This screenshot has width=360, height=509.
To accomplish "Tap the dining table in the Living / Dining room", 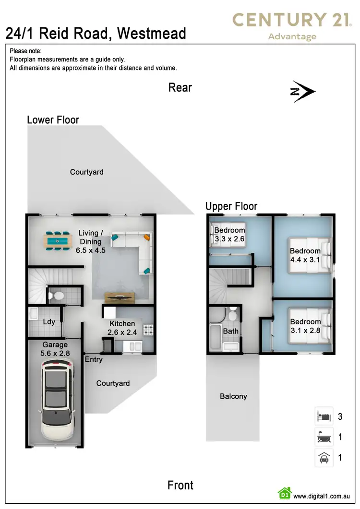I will click(57, 240).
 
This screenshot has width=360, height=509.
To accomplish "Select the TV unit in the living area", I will click(120, 297).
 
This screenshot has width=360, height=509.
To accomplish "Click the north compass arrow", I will click(303, 92).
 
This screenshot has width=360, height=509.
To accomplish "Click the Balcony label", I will click(233, 396).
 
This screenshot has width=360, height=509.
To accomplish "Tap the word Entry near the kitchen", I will click(94, 359).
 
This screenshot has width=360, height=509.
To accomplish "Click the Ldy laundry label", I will click(49, 322).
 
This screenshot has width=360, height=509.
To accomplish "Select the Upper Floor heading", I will click(231, 206).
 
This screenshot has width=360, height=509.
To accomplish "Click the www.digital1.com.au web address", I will click(321, 496).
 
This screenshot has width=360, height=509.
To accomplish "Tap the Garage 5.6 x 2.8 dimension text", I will click(55, 349).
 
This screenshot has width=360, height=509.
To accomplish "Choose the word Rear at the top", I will click(180, 87).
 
